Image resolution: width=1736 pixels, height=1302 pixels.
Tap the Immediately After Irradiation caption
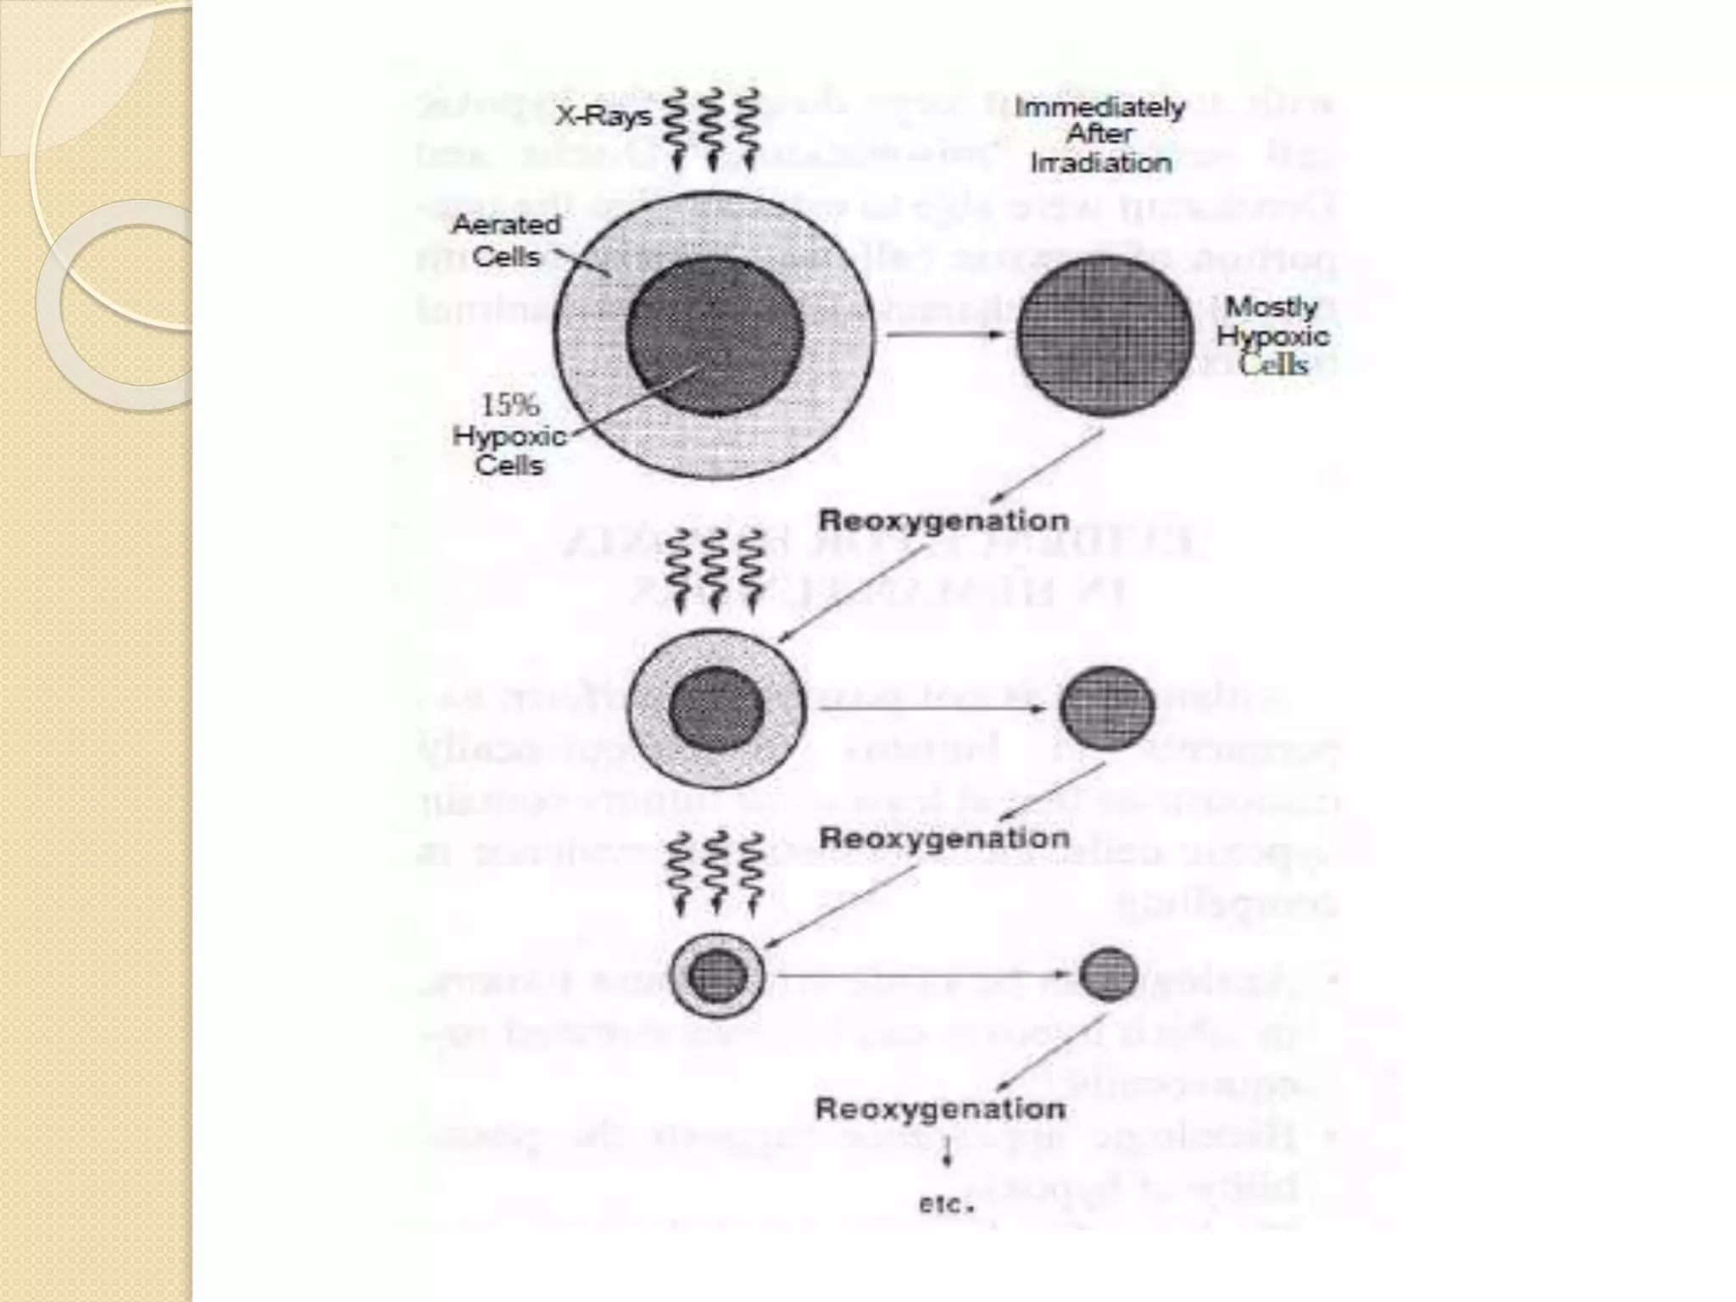click(1100, 135)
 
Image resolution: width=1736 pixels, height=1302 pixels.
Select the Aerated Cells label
click(506, 240)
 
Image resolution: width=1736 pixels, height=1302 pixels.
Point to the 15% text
click(509, 404)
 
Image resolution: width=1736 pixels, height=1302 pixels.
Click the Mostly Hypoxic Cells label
click(1273, 336)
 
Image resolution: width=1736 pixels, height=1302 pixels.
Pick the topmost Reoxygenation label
click(943, 521)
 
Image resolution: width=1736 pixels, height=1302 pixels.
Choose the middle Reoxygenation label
click(943, 838)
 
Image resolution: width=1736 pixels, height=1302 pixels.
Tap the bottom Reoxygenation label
click(940, 1109)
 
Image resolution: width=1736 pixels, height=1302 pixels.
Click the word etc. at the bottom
click(945, 1204)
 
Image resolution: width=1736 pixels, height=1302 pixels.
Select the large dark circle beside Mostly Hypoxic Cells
click(1104, 336)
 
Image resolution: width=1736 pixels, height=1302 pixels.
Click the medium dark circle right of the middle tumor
click(1107, 708)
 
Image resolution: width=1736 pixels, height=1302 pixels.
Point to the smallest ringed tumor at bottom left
click(717, 976)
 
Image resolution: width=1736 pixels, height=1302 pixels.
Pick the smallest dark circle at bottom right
click(1108, 974)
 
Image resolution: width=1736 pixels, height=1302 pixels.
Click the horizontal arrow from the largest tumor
click(945, 335)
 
